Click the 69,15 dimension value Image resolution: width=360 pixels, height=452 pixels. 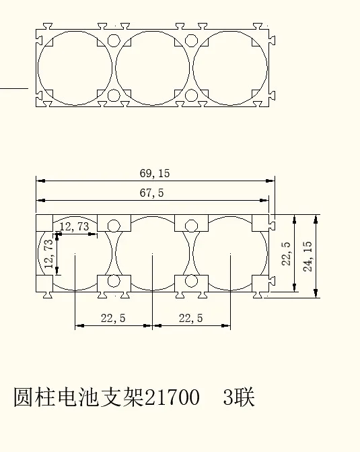click(x=155, y=173)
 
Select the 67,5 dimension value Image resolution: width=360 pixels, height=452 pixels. click(x=152, y=193)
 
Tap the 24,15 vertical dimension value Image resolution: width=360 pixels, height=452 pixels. click(x=308, y=256)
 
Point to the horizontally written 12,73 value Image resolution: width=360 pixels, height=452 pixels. click(x=74, y=226)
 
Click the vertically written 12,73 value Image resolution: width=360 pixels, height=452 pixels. click(x=48, y=254)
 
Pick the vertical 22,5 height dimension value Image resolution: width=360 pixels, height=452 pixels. click(x=286, y=254)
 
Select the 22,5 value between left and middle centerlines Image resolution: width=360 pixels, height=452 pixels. click(x=113, y=318)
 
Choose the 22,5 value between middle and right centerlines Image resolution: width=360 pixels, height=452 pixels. click(x=190, y=318)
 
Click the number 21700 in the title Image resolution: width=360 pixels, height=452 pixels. click(x=172, y=397)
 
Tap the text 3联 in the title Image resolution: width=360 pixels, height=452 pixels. click(x=239, y=397)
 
